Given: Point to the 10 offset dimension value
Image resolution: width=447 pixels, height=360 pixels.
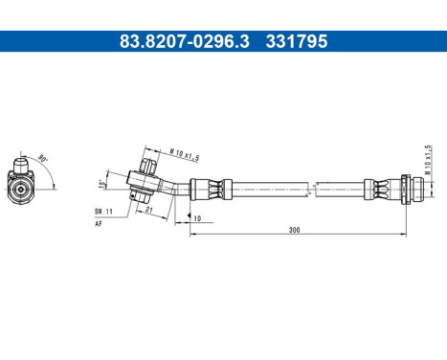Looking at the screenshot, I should click(x=196, y=218).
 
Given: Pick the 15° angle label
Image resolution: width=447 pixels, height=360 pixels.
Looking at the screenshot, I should click(x=101, y=184).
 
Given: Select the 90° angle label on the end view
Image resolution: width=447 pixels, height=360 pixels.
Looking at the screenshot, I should click(x=42, y=159).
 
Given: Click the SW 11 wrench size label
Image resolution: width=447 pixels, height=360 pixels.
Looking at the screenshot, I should click(x=103, y=210).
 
